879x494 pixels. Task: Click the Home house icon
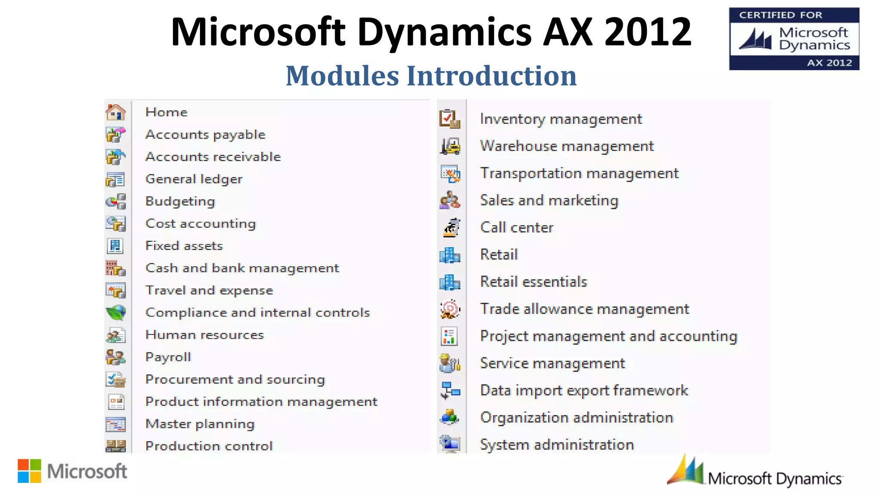tap(115, 112)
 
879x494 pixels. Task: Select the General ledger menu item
tap(194, 179)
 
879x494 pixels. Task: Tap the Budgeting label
tap(180, 202)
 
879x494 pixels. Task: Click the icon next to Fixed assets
tap(115, 246)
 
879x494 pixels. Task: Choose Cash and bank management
tap(242, 268)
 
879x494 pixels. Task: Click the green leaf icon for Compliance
tap(116, 313)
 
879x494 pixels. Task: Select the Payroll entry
tap(168, 357)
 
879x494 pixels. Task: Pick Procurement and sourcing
tap(235, 380)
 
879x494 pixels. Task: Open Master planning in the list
tap(200, 424)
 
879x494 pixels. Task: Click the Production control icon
tap(115, 446)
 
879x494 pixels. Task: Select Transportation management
tap(579, 174)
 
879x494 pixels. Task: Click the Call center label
tap(516, 228)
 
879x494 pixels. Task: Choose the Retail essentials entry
tap(533, 282)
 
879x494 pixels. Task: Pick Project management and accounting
tap(608, 336)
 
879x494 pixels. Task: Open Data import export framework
tap(584, 391)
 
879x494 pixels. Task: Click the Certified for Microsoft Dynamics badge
tap(794, 39)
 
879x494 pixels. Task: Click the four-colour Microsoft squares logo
tap(30, 471)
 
